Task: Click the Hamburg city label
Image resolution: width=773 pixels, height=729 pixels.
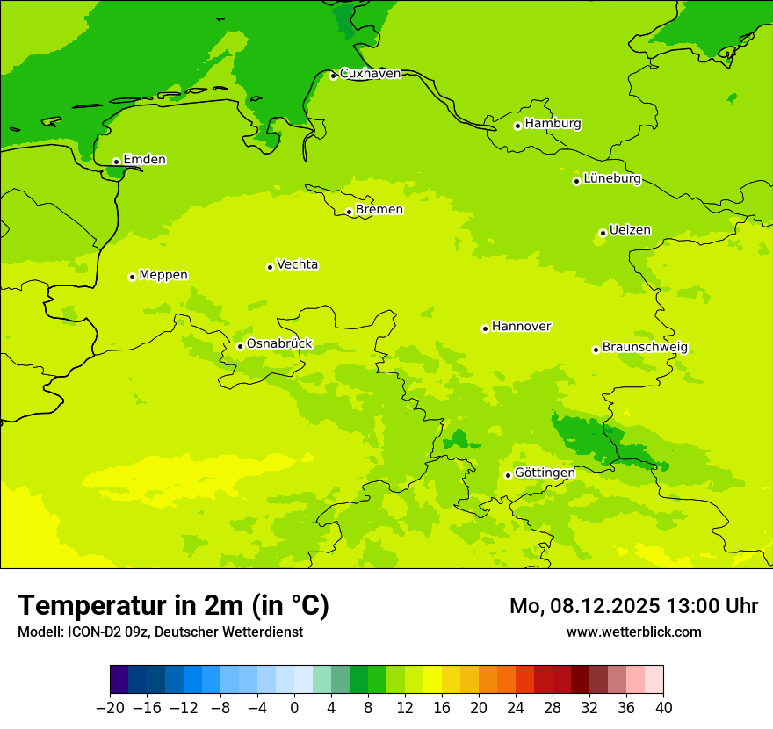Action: tap(553, 124)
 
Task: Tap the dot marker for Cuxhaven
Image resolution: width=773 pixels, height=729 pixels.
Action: tap(333, 76)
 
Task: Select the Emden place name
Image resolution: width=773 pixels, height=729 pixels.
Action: tap(144, 160)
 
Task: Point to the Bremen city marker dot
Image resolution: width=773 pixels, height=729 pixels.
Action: tap(349, 212)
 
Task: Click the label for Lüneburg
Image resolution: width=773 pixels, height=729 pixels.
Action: tap(611, 178)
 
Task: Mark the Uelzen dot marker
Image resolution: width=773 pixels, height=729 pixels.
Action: tap(603, 233)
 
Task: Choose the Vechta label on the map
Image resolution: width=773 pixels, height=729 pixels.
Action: tap(297, 264)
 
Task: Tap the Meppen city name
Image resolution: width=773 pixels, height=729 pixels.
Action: tap(163, 275)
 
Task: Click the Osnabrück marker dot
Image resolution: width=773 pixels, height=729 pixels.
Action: tap(240, 346)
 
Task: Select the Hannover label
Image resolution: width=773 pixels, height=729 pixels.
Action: tap(521, 327)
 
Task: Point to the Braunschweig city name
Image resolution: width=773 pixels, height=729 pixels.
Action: tap(645, 348)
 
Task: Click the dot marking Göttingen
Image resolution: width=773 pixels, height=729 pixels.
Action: tap(508, 475)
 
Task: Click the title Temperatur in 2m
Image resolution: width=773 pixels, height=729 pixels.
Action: tap(173, 606)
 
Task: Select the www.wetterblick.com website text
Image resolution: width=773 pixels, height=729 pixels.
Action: tap(633, 632)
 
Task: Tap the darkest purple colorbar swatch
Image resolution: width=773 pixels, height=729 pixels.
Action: tap(119, 680)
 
